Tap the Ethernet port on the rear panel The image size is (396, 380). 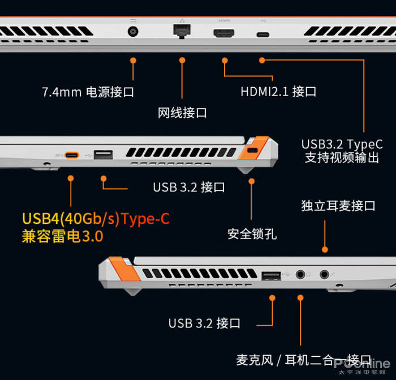(x=182, y=31)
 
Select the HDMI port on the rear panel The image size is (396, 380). (x=225, y=33)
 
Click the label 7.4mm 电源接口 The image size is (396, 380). (x=88, y=92)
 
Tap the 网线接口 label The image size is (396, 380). (x=182, y=113)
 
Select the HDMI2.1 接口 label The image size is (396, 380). (x=278, y=91)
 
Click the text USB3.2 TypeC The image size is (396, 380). (x=342, y=144)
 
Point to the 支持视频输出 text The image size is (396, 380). (x=342, y=158)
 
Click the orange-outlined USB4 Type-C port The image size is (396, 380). (x=72, y=154)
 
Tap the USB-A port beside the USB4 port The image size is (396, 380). (x=103, y=154)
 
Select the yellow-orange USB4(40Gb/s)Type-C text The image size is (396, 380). (x=96, y=218)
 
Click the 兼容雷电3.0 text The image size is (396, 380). (x=62, y=236)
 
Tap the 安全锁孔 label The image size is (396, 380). (x=252, y=233)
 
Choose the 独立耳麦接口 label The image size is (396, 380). (x=338, y=206)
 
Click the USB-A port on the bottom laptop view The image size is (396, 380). (x=271, y=275)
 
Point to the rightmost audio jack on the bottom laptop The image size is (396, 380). (x=325, y=274)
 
